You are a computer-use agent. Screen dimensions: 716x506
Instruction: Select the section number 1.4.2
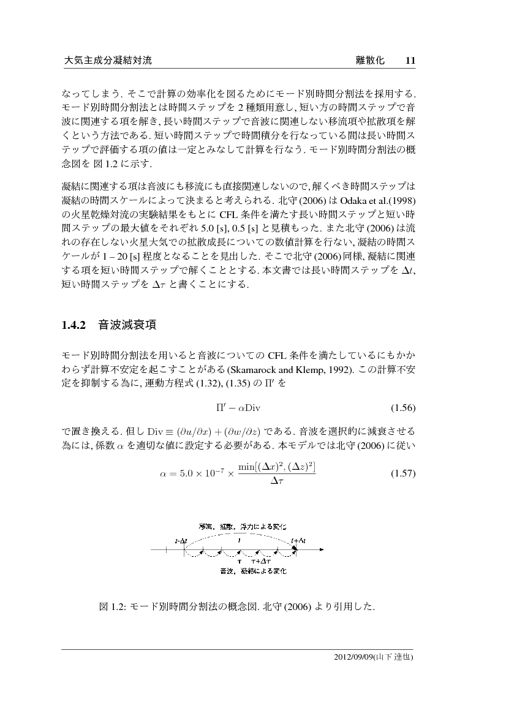(75, 325)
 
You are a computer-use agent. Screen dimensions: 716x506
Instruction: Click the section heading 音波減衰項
(127, 325)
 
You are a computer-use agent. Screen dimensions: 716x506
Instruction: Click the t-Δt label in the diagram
(181, 541)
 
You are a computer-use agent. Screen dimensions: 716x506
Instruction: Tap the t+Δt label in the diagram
(298, 541)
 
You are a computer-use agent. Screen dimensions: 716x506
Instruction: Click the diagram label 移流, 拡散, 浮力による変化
(242, 527)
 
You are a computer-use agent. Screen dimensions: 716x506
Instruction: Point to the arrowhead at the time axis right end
(320, 551)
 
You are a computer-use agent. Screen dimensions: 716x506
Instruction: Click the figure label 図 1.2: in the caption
(112, 608)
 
